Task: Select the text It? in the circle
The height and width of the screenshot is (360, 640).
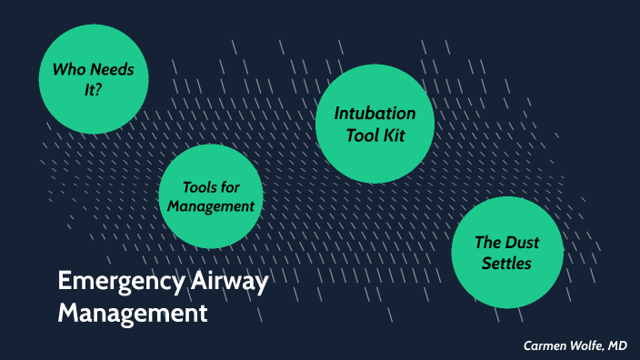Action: point(92,90)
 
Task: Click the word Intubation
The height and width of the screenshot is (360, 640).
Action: point(375,114)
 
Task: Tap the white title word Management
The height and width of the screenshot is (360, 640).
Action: point(133,314)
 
